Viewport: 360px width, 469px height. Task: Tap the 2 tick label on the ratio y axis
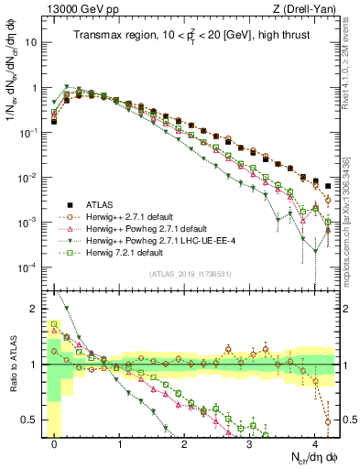coord(33,308)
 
